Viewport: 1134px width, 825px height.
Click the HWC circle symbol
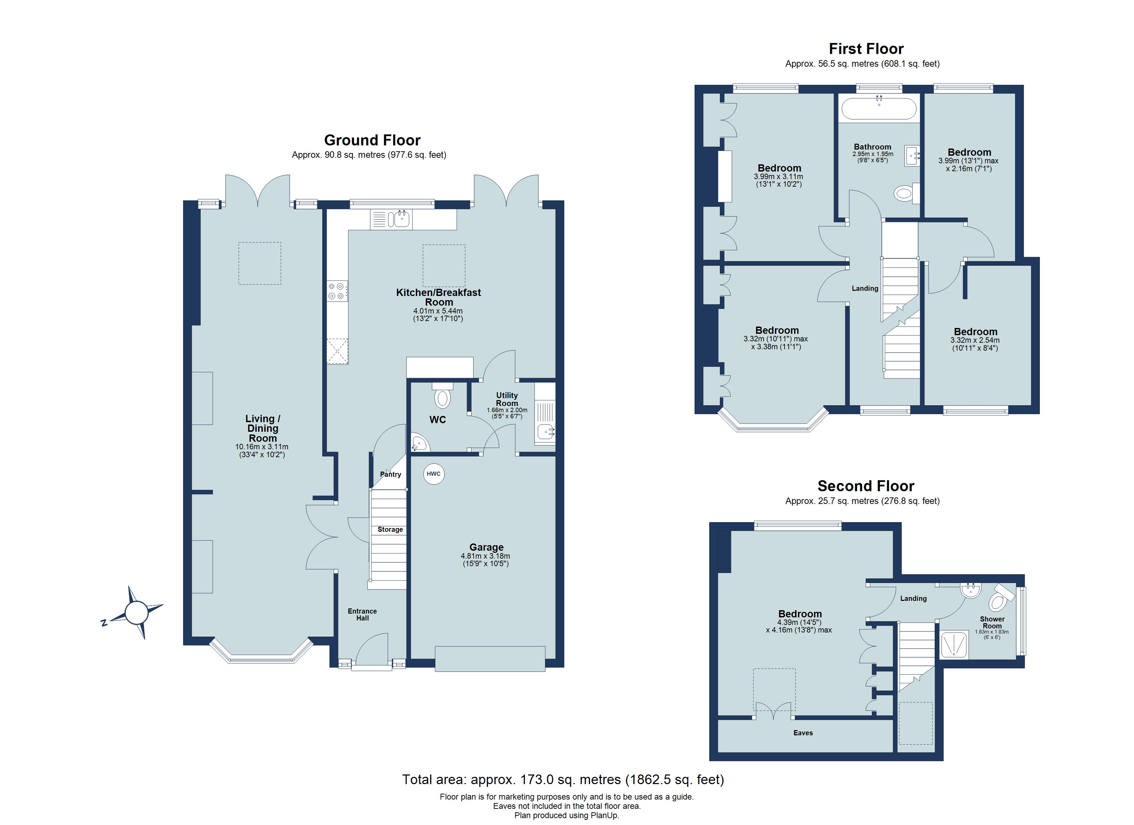(x=434, y=474)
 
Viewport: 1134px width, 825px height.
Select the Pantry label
(x=390, y=474)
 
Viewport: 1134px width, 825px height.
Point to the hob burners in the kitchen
(x=336, y=291)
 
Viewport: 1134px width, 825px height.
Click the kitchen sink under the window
(x=402, y=219)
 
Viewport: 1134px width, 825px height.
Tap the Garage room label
(x=486, y=547)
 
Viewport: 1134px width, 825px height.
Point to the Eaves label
(x=803, y=733)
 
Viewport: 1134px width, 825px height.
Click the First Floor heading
(x=866, y=49)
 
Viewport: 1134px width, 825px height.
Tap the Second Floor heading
(x=866, y=486)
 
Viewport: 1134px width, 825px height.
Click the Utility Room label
(x=507, y=399)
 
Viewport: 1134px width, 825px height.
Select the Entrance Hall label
(x=363, y=614)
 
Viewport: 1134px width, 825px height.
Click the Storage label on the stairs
(x=390, y=529)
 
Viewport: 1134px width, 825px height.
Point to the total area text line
(x=563, y=780)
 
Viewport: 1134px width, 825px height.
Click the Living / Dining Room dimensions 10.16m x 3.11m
(x=262, y=447)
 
